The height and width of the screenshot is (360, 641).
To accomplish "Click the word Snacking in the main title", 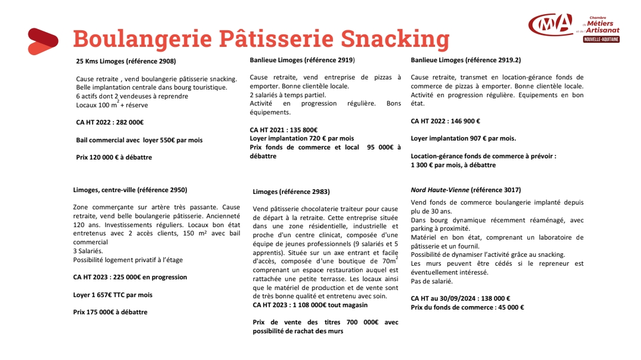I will pos(394,39).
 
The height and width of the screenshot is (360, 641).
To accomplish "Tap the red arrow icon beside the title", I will pos(43,41).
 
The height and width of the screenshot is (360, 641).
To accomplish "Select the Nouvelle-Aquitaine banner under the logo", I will pos(601,39).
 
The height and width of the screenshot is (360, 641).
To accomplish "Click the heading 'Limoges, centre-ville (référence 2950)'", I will pos(130,190).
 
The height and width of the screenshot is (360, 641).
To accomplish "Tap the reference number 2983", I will pos(319,192).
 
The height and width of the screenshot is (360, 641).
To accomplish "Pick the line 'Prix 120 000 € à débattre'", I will pos(114,158).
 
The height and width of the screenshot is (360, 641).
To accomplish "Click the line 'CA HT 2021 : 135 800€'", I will pos(284,130).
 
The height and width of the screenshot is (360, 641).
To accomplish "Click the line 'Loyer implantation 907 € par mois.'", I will pos(464,139).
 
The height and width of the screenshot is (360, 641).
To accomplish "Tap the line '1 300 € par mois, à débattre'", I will pos(453,165).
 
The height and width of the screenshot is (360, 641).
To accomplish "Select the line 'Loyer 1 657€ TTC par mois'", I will pos(113,295).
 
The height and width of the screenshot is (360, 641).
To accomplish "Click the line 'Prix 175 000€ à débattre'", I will pos(110,312).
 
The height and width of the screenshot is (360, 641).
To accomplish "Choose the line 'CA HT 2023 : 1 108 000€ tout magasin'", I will pos(310,305).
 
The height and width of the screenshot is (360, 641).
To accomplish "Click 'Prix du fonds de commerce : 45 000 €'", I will pos(467,307).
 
